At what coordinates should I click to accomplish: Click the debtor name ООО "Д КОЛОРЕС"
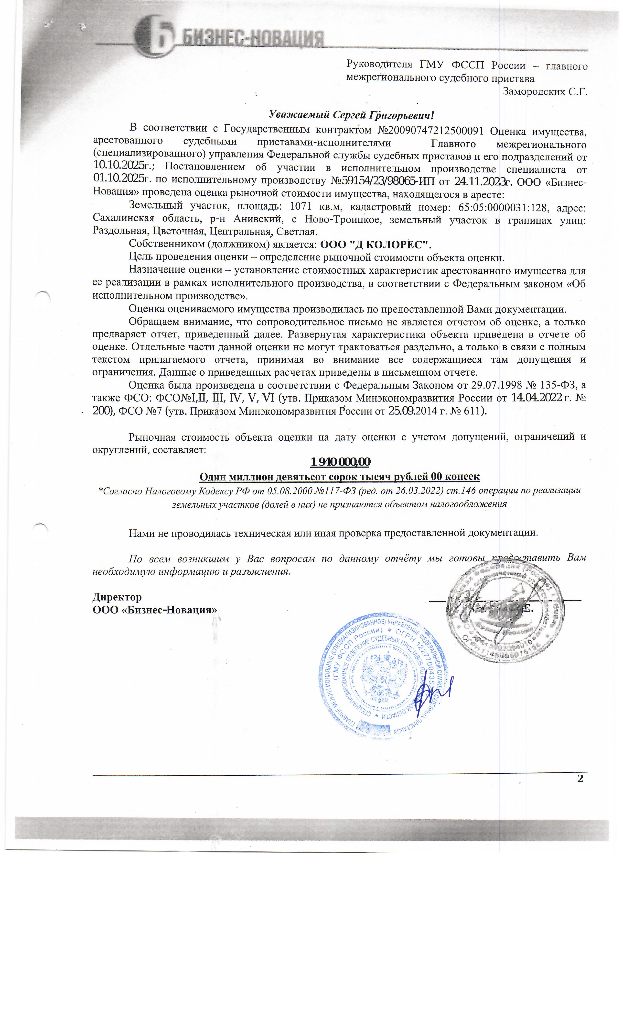coord(375,244)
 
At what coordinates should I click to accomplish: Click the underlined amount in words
coord(339,476)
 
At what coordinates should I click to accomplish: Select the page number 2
coord(580,779)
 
